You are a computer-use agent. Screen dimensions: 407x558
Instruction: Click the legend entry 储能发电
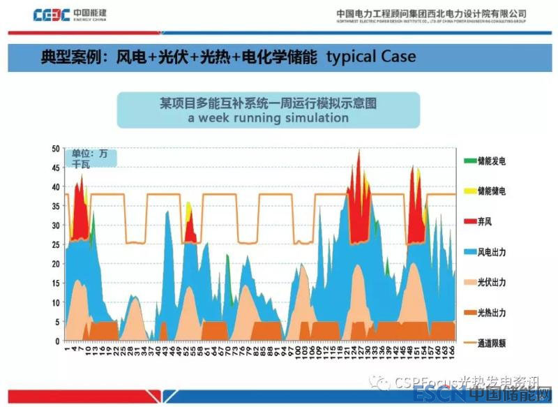[492, 161]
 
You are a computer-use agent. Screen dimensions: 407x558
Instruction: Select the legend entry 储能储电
[492, 191]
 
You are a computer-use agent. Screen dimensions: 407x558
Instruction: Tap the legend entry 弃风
[485, 221]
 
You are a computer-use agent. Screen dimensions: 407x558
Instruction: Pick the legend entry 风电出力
[492, 251]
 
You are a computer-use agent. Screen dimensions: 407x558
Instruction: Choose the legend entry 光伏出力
[492, 282]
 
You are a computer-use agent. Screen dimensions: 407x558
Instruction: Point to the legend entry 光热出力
[492, 313]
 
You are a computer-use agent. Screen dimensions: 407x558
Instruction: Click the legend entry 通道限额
[492, 343]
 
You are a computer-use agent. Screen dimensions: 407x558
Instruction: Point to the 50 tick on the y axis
[56, 149]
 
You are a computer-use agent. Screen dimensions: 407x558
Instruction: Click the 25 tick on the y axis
[56, 245]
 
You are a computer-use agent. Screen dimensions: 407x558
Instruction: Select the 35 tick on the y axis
[56, 207]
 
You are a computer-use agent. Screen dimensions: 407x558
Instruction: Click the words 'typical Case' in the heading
[371, 56]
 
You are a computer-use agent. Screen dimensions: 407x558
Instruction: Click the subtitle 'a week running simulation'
[268, 118]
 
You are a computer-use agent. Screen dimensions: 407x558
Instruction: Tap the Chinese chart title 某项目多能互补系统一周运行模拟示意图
[268, 103]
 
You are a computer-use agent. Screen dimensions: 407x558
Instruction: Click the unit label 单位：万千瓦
[90, 158]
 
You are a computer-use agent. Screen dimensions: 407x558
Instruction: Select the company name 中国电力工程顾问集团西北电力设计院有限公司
[431, 13]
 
